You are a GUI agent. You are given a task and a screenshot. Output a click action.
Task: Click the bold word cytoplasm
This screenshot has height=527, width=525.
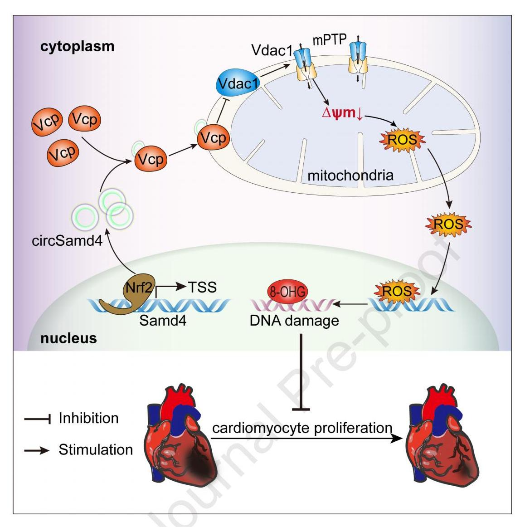point(78,46)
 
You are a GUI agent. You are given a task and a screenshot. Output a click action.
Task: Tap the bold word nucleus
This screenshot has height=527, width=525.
point(68,338)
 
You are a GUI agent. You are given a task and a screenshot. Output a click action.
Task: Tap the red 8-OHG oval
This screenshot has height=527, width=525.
point(287,291)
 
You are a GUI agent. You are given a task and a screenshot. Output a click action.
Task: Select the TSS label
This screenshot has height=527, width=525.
point(202,287)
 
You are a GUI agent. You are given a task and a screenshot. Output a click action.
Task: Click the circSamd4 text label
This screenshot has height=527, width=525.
point(67,240)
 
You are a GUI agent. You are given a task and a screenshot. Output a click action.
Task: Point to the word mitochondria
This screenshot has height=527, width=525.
point(350,175)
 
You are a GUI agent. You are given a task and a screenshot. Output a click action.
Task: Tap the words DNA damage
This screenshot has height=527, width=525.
point(294,321)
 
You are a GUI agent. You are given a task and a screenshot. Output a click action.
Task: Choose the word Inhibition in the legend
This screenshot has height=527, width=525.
point(88,418)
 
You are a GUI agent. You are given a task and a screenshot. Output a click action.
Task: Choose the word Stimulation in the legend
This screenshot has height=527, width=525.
point(96,449)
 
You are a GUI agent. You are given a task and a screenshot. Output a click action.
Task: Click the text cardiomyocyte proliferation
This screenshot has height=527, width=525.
point(302,428)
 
